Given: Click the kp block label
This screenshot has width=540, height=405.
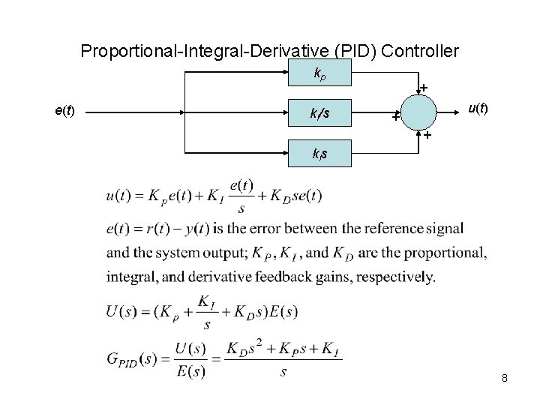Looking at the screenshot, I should click(320, 73).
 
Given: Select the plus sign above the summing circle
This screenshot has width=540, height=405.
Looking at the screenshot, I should click(424, 88).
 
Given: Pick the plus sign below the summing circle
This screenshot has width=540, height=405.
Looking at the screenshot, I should click(426, 136).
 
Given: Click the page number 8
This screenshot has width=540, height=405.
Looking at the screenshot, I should click(505, 378).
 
